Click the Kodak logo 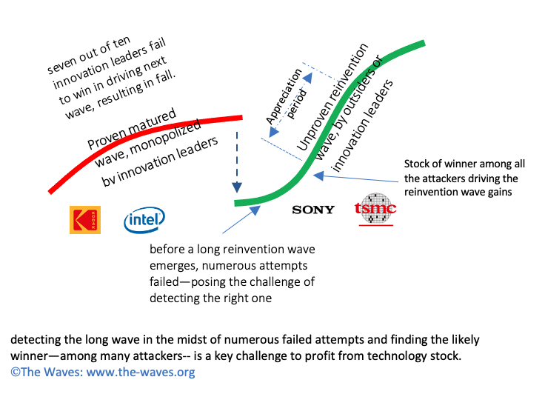coord(85,220)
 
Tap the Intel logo coord(144,220)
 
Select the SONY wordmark coord(313,210)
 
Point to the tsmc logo coord(375,208)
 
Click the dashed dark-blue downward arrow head coord(237,187)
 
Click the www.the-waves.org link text coord(141,372)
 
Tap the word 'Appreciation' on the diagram coord(284,96)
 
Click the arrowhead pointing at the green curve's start coord(255,210)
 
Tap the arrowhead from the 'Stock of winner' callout coord(318,176)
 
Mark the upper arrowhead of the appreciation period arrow coord(308,77)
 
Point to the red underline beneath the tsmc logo coord(376,225)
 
